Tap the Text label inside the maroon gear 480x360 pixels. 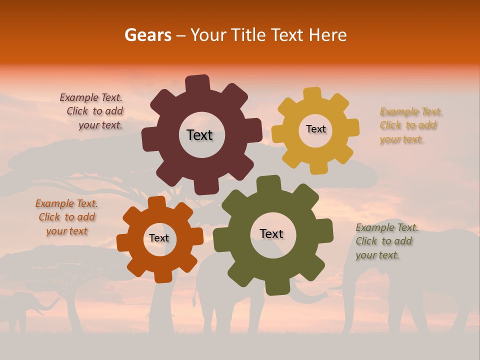199,135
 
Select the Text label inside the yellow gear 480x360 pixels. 315,129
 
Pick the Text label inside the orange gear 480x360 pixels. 159,238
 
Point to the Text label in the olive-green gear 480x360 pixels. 271,233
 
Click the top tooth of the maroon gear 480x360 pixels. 197,83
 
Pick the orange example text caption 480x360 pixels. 66,217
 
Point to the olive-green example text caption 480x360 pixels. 386,241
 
